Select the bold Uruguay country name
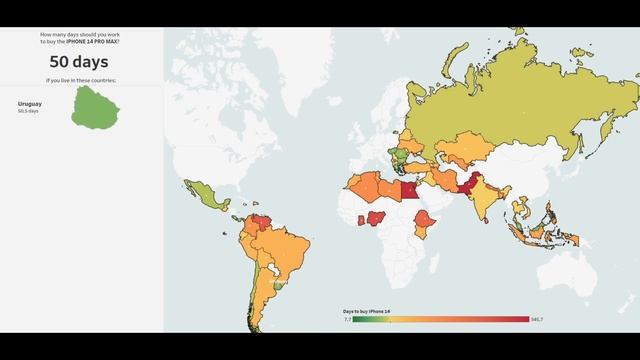pos(31,103)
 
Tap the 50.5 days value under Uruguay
pos(28,110)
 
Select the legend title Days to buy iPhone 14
pos(367,312)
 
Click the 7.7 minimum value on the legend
pos(347,320)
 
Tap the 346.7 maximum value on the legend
pos(536,320)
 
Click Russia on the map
pos(520,110)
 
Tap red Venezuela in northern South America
pos(262,217)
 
